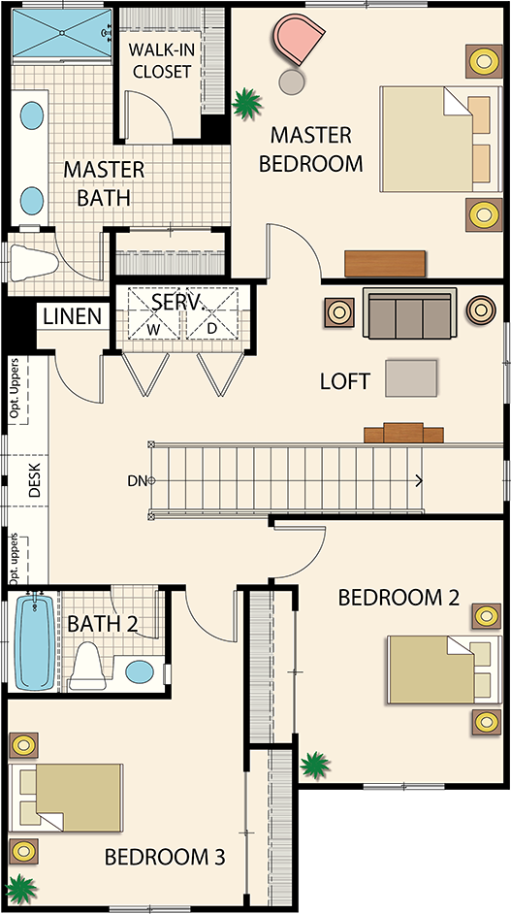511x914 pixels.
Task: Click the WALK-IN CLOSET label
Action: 161,59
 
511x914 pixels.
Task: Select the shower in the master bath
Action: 62,33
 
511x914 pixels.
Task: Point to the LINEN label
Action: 73,316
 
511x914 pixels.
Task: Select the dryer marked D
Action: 212,313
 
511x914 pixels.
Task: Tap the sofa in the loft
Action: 408,313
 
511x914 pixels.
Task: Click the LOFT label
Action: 344,382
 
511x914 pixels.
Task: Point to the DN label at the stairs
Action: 137,481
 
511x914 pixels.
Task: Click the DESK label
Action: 34,479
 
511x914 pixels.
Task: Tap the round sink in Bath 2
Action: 140,672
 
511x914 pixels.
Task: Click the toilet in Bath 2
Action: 88,666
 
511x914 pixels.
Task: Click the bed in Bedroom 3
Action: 67,797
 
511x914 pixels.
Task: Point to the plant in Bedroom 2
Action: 314,765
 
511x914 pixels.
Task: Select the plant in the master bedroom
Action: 246,104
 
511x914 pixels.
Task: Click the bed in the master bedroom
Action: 440,139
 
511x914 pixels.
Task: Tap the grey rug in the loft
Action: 411,378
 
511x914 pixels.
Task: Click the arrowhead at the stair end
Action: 418,481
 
